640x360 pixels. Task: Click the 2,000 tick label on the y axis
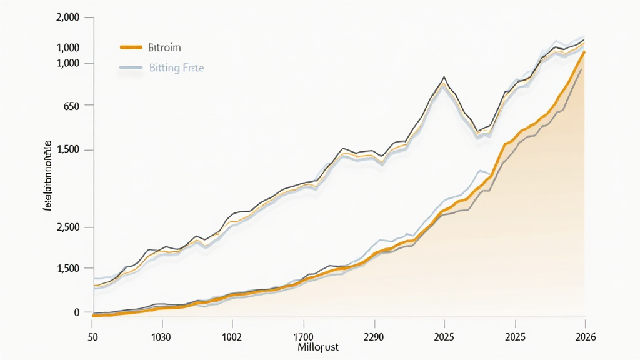pos(67,17)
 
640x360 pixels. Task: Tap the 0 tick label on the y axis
pos(77,312)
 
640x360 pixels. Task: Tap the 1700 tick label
pos(303,337)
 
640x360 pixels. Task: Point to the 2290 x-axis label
pos(374,337)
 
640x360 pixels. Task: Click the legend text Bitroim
pos(165,47)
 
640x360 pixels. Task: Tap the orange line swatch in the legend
pos(131,47)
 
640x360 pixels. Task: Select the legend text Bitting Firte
pos(176,67)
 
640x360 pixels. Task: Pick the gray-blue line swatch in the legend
pos(131,67)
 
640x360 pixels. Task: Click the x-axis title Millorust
pos(317,347)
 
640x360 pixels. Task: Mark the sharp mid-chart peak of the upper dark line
pos(444,77)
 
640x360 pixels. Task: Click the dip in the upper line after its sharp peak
pos(478,131)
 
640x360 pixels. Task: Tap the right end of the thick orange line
pos(584,52)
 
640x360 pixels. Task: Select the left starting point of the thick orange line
pos(93,316)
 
